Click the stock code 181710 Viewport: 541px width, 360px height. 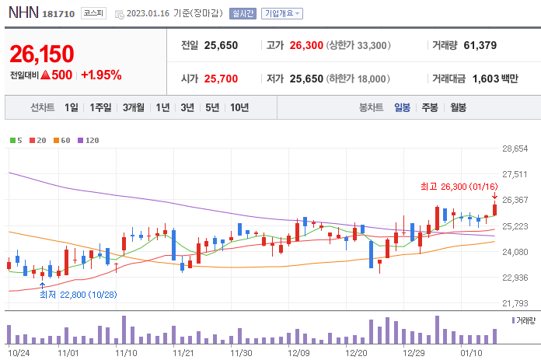(58, 14)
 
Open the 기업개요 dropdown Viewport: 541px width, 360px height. (282, 13)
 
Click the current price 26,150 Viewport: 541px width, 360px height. (42, 54)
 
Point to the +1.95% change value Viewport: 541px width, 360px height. (101, 75)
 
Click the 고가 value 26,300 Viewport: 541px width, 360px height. (305, 45)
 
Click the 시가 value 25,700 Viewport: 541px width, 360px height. (221, 78)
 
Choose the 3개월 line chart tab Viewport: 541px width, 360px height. (134, 107)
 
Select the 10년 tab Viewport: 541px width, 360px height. (239, 107)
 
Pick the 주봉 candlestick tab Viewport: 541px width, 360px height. (430, 107)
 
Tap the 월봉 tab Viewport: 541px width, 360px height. (458, 107)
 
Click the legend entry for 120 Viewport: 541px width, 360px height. (89, 140)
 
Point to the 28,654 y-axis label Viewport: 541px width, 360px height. (515, 149)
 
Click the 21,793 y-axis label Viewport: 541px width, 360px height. (515, 303)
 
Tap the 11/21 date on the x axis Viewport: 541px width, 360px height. (183, 352)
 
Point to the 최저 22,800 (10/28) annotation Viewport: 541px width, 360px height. (78, 294)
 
